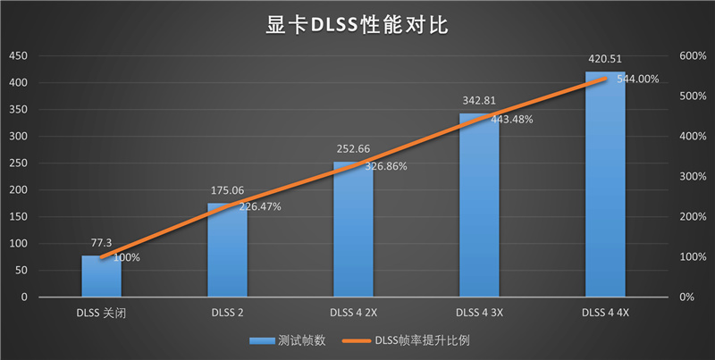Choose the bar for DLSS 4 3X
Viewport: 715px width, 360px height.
tap(479, 214)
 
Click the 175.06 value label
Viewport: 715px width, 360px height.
tap(227, 190)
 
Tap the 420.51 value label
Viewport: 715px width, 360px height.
tap(605, 59)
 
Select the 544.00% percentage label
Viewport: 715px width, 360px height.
tap(635, 79)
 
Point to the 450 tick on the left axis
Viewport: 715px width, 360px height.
tap(18, 56)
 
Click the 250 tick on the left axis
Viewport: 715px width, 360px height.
tap(18, 163)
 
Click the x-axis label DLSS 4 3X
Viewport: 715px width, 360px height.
tap(479, 313)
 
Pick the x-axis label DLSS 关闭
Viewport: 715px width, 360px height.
tap(101, 313)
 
